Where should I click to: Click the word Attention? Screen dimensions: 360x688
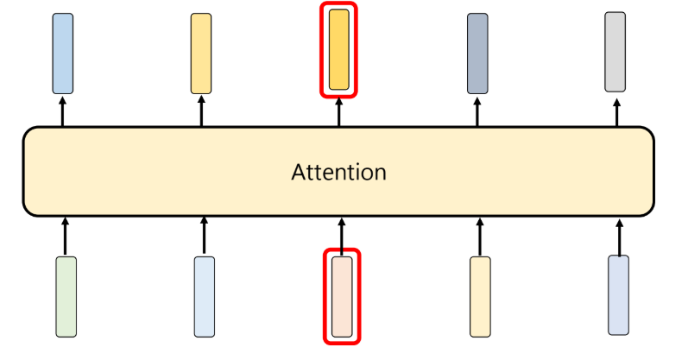click(338, 172)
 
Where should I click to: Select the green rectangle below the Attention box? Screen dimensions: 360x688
click(66, 296)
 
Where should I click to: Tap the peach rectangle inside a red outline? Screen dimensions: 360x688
click(342, 296)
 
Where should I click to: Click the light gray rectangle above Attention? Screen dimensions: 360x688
click(615, 52)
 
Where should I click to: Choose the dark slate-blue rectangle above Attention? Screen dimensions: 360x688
click(477, 54)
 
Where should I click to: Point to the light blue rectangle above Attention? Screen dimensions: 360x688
click(62, 54)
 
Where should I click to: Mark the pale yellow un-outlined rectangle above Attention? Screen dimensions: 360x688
click(201, 54)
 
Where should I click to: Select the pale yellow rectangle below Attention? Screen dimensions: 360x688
click(480, 296)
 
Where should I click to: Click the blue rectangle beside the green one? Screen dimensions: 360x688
click(205, 296)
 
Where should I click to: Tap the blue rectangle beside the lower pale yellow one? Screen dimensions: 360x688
click(618, 294)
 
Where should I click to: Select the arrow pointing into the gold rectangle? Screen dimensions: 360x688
click(339, 111)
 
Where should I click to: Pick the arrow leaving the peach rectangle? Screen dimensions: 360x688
click(342, 234)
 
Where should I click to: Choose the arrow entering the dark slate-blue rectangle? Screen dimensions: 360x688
click(477, 111)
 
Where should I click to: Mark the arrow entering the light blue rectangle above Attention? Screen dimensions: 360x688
click(62, 111)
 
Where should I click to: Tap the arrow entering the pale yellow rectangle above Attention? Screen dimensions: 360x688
click(201, 111)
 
